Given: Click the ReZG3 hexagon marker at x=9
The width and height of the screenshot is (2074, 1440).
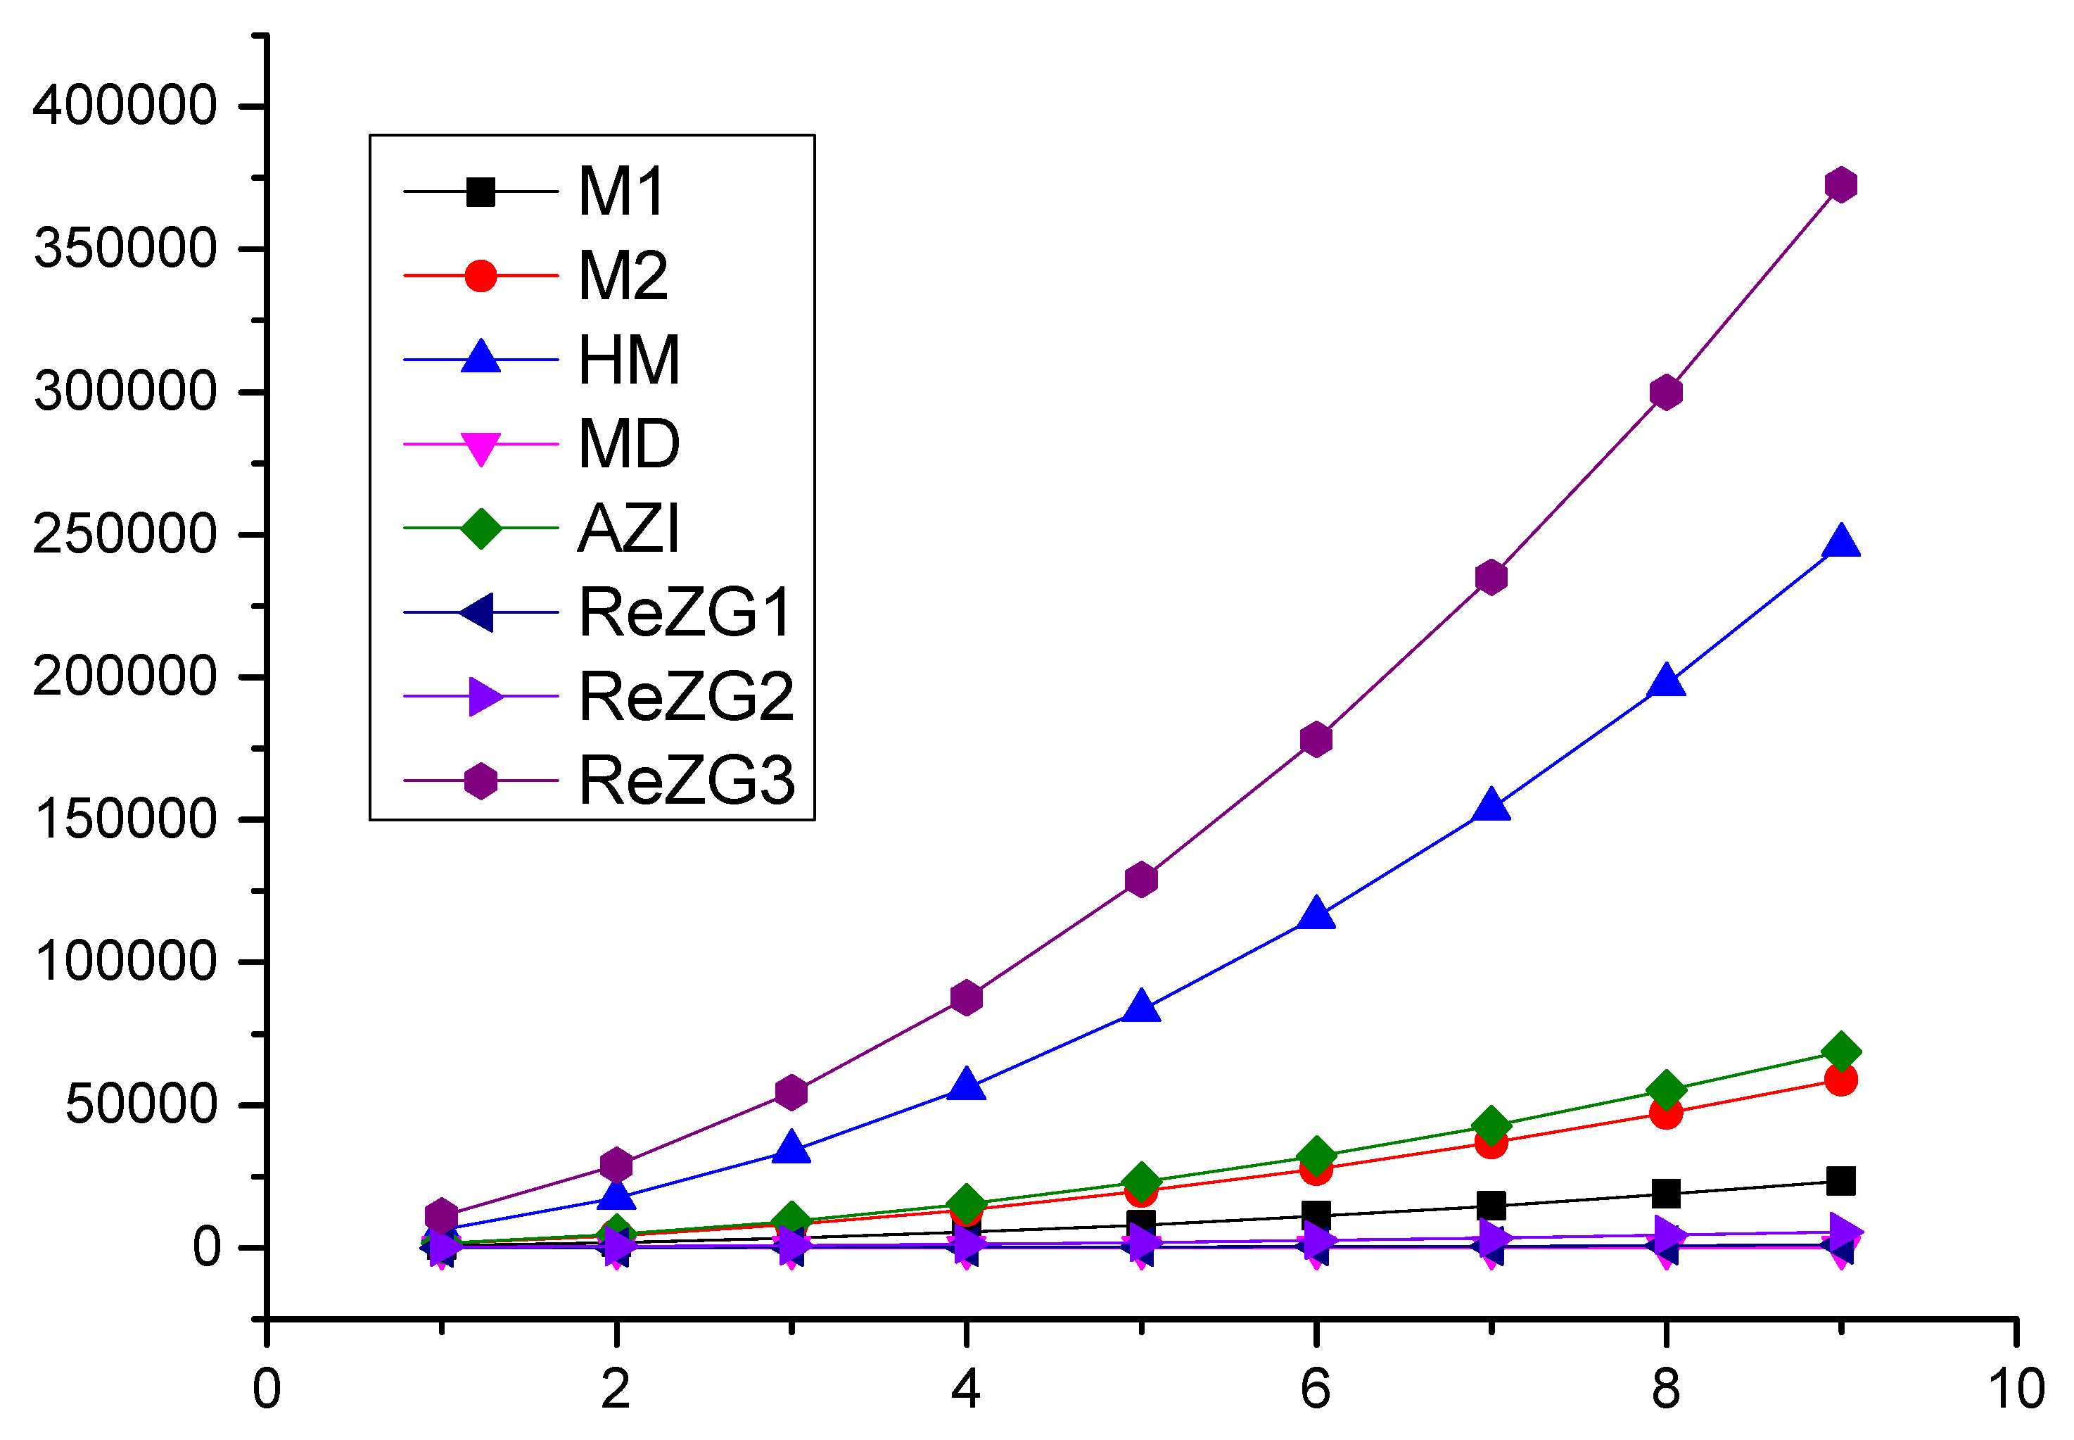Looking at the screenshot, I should pos(1840,185).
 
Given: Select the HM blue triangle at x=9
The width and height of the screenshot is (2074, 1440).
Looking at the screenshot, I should pos(1840,542).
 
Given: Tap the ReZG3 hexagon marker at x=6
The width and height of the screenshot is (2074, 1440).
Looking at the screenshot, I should pos(1316,740).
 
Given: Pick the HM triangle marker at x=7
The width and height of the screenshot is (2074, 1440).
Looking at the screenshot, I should pos(1491,806).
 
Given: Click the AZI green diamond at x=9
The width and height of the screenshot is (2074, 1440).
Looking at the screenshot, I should pos(1840,1052).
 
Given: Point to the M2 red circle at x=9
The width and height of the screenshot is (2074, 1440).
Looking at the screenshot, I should pos(1840,1080).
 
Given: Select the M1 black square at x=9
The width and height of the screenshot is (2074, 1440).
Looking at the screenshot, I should pos(1840,1181).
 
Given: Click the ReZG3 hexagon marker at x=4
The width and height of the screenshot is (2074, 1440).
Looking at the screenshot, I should pos(966,998).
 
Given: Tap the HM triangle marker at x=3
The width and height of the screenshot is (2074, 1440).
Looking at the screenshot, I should pos(791,1149).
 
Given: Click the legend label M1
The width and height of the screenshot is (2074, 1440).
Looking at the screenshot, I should pos(621,191).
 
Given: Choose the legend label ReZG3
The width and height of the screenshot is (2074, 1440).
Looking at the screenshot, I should pos(685,781).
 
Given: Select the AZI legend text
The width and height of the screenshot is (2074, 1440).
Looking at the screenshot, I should pos(628,529).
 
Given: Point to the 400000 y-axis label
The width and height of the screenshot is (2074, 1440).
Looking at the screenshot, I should pos(125,106).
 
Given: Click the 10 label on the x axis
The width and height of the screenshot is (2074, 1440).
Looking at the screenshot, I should pos(2016,1389).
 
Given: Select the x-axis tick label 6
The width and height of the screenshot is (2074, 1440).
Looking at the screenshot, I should pos(1316,1389).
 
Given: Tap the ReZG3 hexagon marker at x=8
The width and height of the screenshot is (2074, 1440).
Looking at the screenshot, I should pos(1665,393).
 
